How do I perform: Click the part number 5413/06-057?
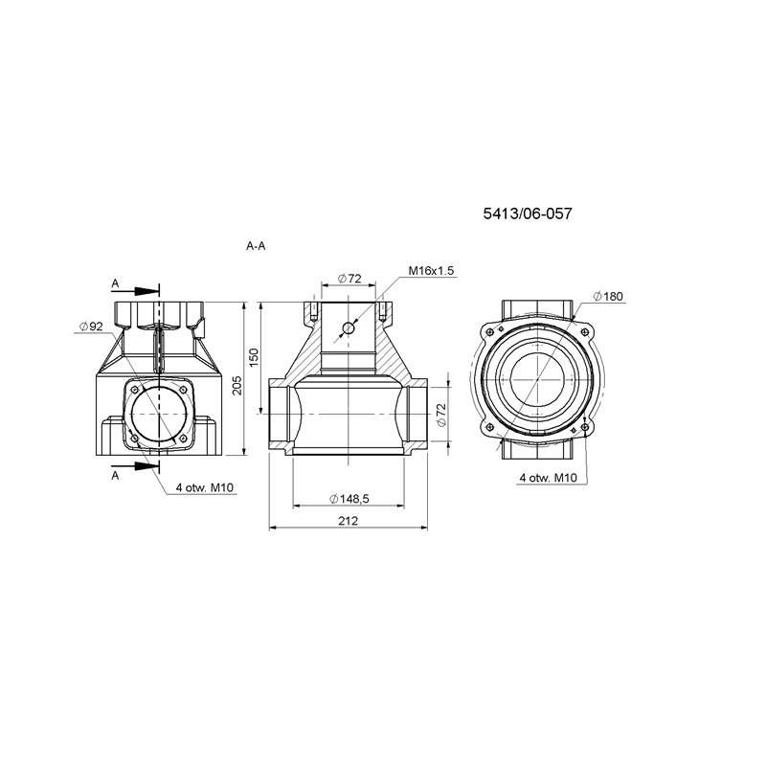click(x=528, y=214)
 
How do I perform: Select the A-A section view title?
click(x=256, y=246)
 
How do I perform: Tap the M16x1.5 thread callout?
click(x=432, y=270)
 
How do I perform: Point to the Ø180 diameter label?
click(x=608, y=296)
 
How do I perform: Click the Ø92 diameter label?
click(x=91, y=327)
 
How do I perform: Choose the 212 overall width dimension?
click(x=348, y=521)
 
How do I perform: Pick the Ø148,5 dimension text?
click(x=349, y=499)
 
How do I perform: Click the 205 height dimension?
click(x=237, y=386)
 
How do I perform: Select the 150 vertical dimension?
click(x=254, y=357)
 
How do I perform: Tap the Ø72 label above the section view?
click(x=349, y=279)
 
